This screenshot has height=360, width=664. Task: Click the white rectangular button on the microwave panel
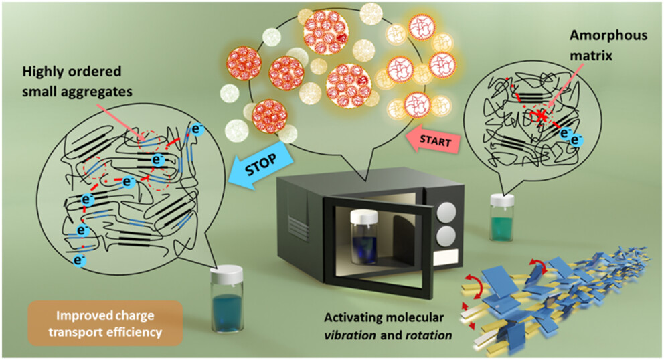click(444, 258)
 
